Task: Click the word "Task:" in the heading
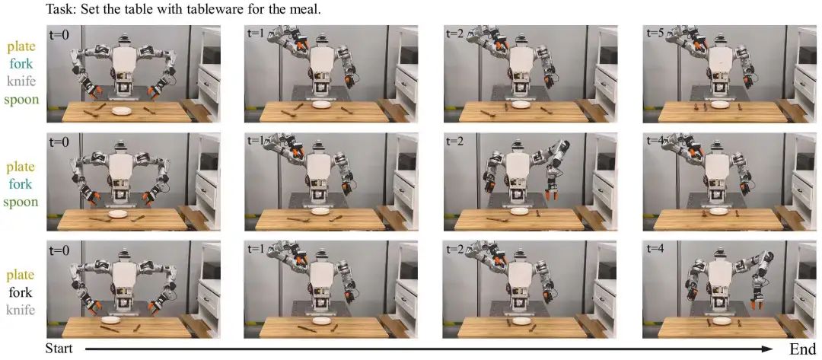[60, 9]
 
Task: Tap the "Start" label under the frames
[58, 349]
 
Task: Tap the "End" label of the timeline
[802, 349]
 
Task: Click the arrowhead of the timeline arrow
[769, 349]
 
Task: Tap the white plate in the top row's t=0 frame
[121, 110]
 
